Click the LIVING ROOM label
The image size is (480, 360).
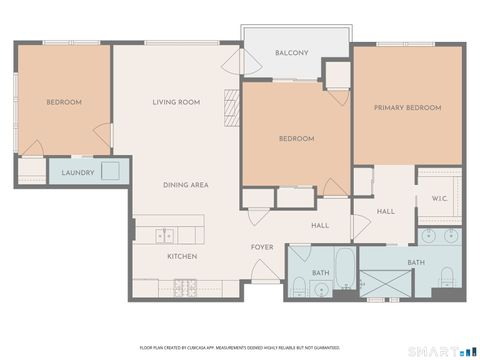[x=176, y=102]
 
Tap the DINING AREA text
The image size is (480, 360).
[x=185, y=185]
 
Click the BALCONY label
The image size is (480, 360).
[x=291, y=52]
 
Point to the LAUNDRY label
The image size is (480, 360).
[x=77, y=172]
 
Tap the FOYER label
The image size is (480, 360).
[x=262, y=246]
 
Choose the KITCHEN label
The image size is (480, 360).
[x=181, y=257]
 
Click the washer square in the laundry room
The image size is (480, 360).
[x=108, y=171]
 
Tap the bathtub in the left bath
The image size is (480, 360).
[x=343, y=268]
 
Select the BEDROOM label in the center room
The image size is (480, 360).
[x=296, y=139]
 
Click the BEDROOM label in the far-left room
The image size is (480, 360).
[x=63, y=102]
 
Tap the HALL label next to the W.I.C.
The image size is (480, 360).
[x=386, y=211]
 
